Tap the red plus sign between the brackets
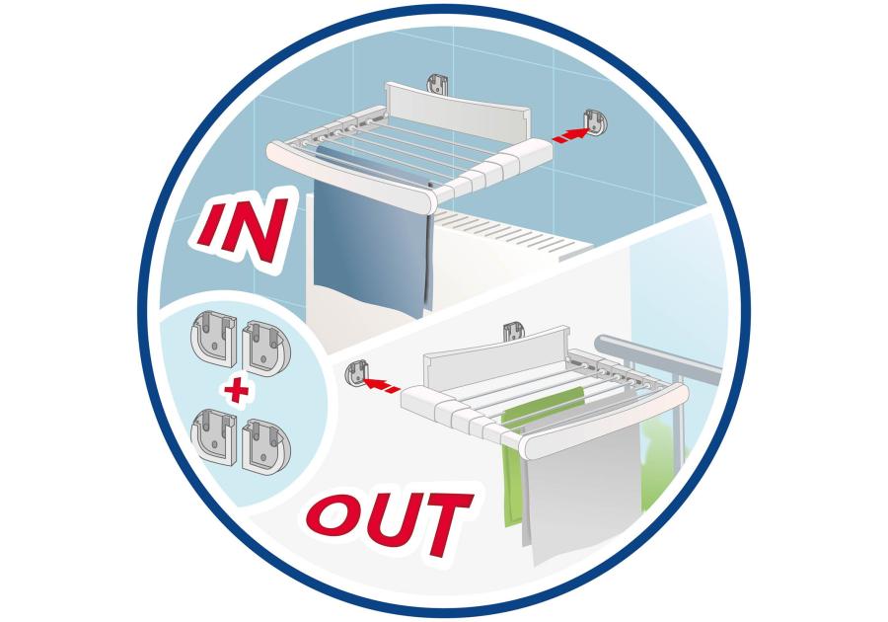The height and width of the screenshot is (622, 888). tap(236, 390)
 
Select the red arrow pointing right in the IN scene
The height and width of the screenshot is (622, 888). tap(571, 136)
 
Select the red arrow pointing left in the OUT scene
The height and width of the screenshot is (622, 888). tap(381, 385)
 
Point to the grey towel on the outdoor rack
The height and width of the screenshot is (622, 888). tap(583, 487)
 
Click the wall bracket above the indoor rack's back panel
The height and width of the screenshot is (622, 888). tap(437, 84)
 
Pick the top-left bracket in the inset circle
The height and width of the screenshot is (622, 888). tap(213, 340)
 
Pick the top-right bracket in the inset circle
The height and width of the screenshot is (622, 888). tap(265, 348)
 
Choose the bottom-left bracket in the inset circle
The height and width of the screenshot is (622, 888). tap(213, 435)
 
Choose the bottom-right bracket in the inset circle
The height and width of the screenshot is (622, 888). tap(265, 444)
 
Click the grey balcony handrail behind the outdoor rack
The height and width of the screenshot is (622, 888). tap(657, 354)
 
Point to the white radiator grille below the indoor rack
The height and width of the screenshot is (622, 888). tap(510, 233)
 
